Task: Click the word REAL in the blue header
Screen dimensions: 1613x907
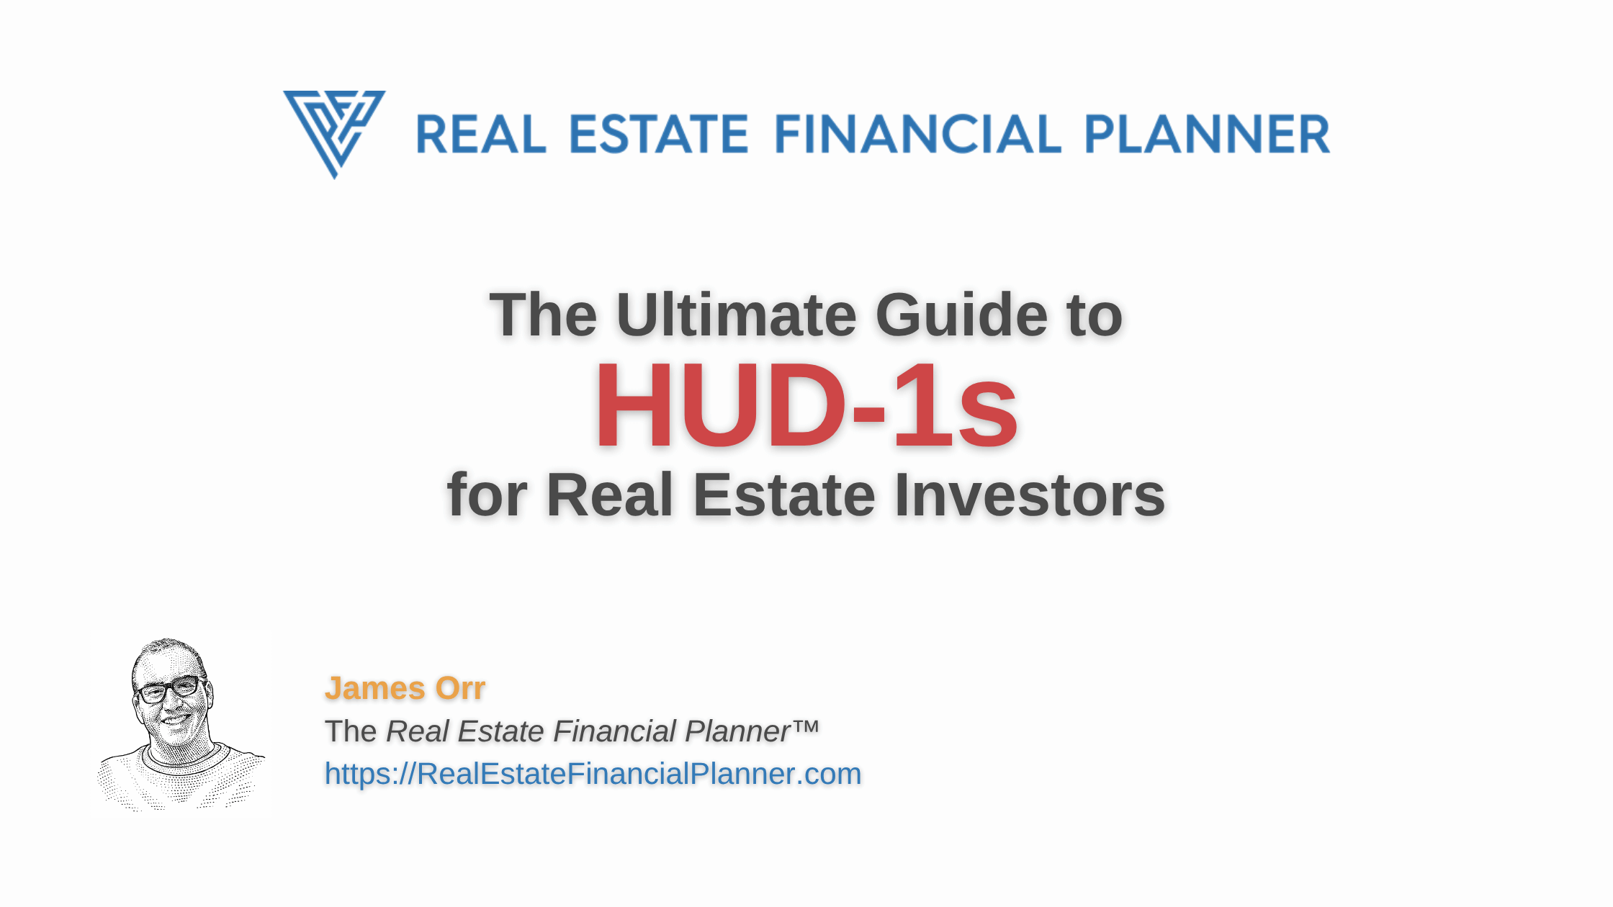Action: pos(481,135)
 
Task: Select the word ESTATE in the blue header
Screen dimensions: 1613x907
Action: pos(659,135)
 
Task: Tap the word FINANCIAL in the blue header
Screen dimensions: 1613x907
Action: pos(917,135)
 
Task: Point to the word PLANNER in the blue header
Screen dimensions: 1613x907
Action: pos(1207,135)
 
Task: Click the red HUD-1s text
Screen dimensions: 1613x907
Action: pos(806,407)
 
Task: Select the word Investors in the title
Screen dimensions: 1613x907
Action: pos(1030,495)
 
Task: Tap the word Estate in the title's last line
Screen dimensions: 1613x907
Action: pos(784,495)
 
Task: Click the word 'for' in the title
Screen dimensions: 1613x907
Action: pos(488,495)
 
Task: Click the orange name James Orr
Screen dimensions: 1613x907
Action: pos(405,688)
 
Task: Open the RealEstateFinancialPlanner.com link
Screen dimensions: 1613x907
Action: pos(593,774)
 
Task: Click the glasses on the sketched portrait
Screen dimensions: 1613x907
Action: pos(170,690)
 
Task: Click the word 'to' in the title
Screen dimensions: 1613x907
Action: pos(1095,315)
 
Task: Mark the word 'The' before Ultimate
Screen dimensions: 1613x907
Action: pos(544,315)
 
